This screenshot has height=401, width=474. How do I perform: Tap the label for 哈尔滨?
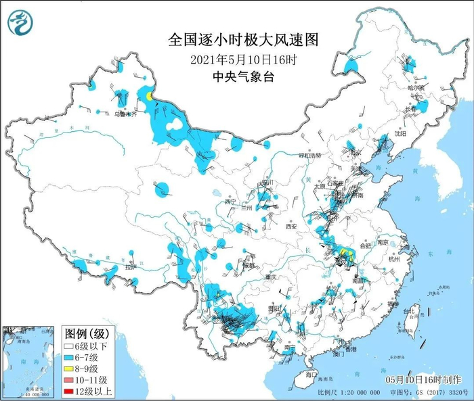[x=415, y=88]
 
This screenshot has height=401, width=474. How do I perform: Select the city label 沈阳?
[x=400, y=134]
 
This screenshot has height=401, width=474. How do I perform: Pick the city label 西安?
[x=291, y=226]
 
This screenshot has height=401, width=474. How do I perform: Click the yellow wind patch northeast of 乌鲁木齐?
[x=147, y=97]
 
